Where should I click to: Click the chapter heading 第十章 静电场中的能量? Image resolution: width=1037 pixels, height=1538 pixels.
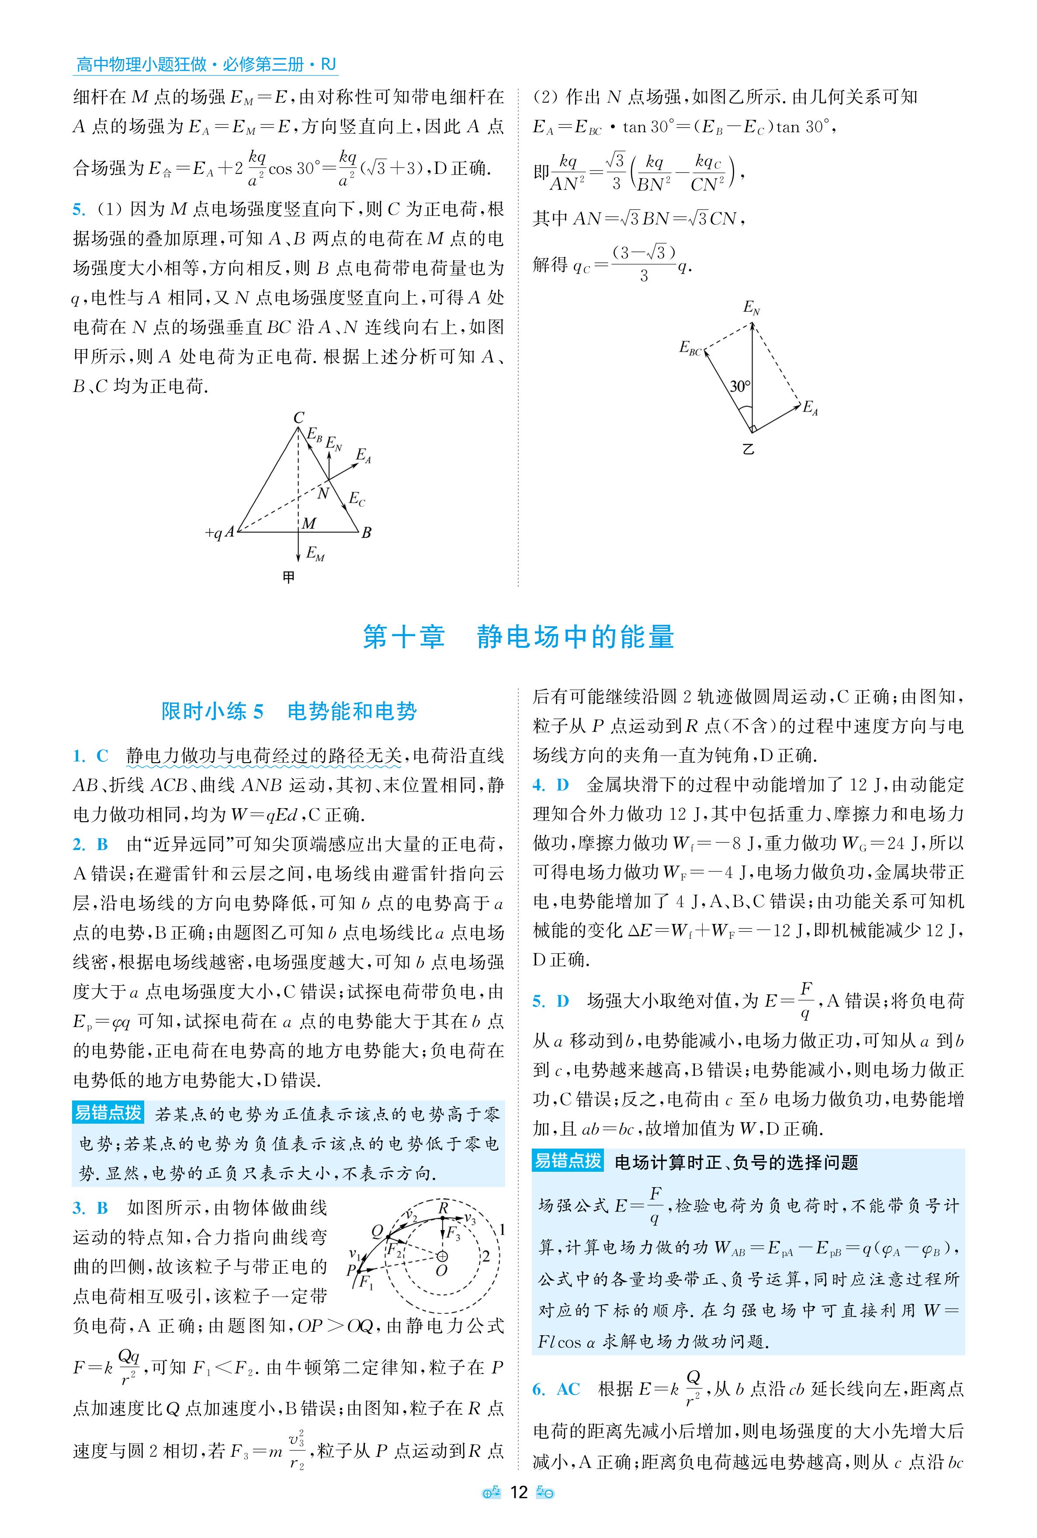pos(518,637)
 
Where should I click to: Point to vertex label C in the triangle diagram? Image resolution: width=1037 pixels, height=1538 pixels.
pos(299,417)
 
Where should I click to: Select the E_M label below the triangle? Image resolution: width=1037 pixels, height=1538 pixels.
pos(316,554)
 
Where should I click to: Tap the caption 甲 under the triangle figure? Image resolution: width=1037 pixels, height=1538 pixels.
pos(288,577)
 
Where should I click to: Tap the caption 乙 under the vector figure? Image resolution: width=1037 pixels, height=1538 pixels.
pos(748,450)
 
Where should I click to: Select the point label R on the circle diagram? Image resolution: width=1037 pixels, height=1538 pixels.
pos(444,1208)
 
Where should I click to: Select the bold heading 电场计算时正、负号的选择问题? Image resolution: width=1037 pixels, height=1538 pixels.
pos(736,1162)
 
